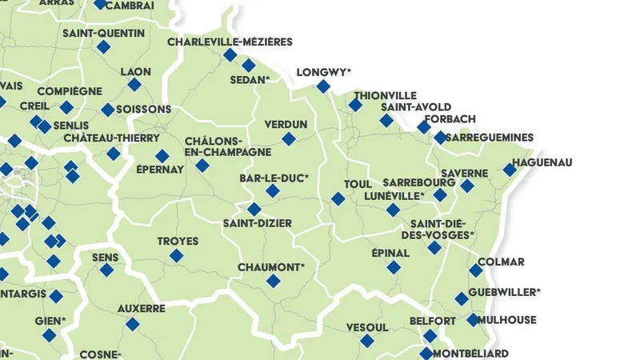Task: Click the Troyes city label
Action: point(177,241)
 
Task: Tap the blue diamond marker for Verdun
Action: point(289,139)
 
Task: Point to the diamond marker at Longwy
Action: point(323,86)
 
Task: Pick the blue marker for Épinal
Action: point(394,267)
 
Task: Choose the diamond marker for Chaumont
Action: point(274,281)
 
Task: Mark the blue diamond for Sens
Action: point(106,270)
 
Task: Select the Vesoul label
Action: point(367,327)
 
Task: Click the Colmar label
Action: point(501,262)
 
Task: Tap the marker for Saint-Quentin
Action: point(102,48)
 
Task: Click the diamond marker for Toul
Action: point(338,198)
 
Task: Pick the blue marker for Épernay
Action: point(162,156)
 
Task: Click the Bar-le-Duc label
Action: point(274,178)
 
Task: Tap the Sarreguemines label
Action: point(490,138)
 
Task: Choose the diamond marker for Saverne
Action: point(467,186)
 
